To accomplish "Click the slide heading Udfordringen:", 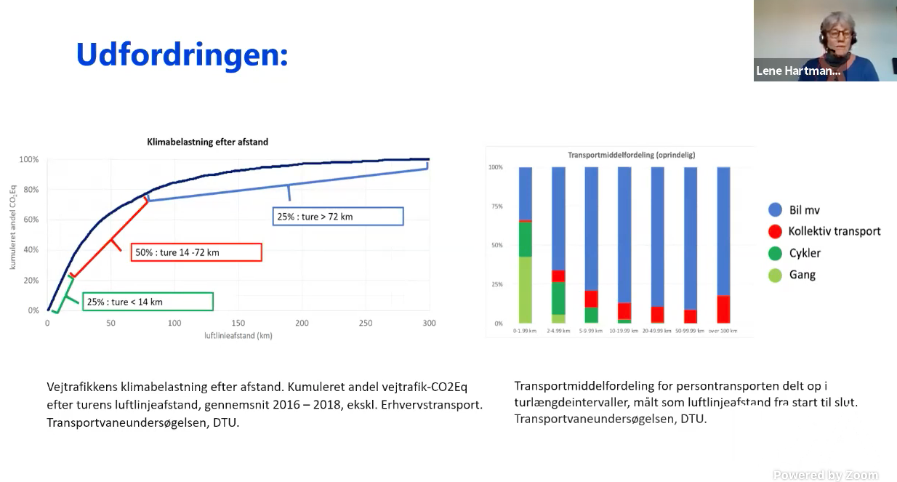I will [182, 55].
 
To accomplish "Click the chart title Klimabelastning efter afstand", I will [208, 142].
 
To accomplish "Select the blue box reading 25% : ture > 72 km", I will [338, 216].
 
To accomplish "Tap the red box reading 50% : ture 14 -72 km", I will [196, 252].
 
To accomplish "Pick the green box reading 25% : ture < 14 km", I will [148, 302].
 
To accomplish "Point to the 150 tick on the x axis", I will [238, 323].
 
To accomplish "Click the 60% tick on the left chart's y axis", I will [30, 220].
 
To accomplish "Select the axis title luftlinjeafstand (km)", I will [238, 336].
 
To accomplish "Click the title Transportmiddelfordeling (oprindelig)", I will [620, 156].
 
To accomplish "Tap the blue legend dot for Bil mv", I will [775, 210].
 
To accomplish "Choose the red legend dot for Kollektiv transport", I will [775, 232].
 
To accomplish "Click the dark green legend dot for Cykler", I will [775, 254].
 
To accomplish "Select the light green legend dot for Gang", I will [775, 275].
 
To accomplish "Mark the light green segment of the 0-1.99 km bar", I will [525, 289].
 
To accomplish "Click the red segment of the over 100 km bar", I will [723, 309].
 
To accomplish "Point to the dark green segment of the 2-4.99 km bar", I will [558, 298].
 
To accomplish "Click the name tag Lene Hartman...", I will [798, 71].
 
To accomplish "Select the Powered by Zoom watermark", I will [825, 475].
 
